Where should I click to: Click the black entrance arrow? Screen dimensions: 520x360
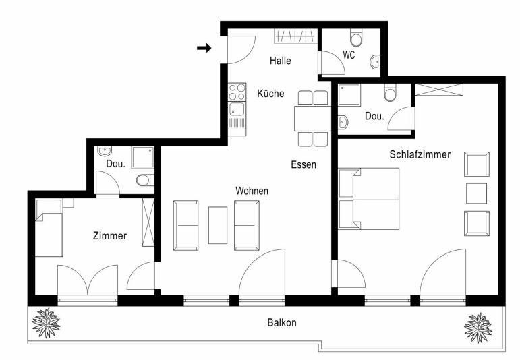point(204,48)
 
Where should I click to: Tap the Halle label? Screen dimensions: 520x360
point(280,61)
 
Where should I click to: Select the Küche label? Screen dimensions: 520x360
point(270,93)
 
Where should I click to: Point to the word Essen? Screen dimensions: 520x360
point(304,164)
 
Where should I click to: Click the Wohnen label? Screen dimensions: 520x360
point(252,191)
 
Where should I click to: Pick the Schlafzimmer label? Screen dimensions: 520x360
point(420,154)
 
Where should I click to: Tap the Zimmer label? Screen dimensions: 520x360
point(110,236)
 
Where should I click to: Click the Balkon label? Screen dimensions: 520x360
point(282,322)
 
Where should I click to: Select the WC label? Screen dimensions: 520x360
point(349,55)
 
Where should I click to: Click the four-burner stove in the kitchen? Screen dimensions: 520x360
point(237,92)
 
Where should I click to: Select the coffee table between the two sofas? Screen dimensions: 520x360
point(218,225)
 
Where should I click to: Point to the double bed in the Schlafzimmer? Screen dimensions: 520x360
point(369,199)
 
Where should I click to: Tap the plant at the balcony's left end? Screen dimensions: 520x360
point(47,323)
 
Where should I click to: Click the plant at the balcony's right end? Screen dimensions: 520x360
point(478,328)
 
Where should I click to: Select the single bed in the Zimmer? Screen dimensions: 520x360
point(49,228)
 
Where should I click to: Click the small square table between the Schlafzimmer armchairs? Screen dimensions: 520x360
point(477,193)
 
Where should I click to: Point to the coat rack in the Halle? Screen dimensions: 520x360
point(295,36)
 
